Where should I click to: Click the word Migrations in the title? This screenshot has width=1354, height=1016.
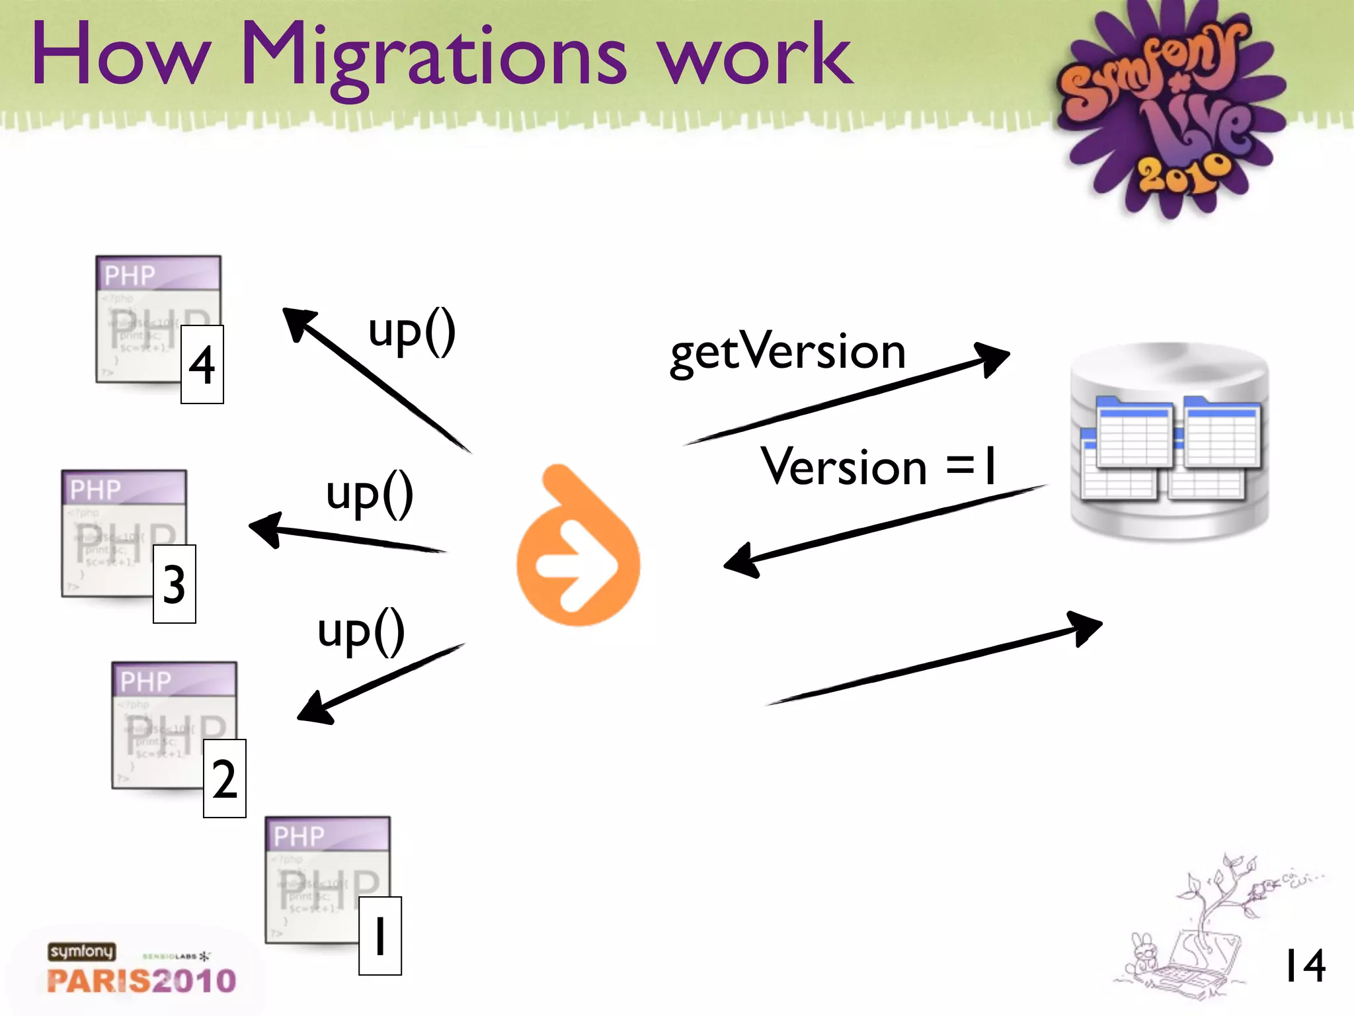pos(433,56)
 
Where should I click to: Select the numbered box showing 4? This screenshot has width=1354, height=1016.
pos(202,364)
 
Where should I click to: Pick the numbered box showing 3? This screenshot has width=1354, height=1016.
pos(175,584)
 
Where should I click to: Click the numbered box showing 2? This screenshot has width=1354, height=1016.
pos(225,779)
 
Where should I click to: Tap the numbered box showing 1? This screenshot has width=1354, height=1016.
pos(380,936)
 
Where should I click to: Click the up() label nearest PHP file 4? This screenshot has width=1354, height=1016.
pos(412,331)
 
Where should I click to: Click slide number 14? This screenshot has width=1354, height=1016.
pos(1304,966)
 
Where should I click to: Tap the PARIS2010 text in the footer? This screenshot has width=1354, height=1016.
pos(141,981)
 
